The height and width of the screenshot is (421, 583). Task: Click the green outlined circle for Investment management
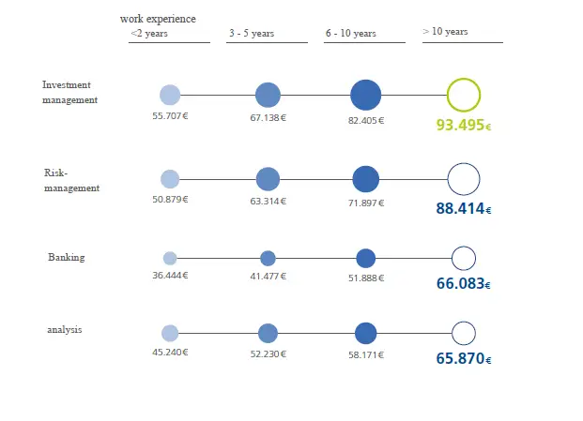pos(463,95)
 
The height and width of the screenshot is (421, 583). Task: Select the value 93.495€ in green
pos(463,125)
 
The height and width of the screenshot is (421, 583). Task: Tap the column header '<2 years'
pos(148,34)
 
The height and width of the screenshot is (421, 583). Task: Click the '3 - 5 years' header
pos(252,34)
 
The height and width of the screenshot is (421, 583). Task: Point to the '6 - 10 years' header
pos(351,34)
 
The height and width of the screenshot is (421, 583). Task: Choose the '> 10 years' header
pos(445,32)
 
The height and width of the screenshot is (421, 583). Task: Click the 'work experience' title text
pos(164,19)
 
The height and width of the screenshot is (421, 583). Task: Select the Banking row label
pos(66,257)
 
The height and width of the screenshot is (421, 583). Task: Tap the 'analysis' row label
pos(65,330)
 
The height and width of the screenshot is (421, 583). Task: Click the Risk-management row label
pos(71,180)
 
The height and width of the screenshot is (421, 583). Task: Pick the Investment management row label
pos(69,92)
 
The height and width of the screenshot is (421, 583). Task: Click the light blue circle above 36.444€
pos(170,258)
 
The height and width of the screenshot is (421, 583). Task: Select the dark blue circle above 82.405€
pos(365,95)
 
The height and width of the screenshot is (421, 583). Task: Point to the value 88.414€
pos(463,208)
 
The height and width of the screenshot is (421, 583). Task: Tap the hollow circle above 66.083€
pos(464,258)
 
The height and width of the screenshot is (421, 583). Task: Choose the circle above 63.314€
pos(268,179)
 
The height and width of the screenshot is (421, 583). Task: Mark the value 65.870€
pos(463,358)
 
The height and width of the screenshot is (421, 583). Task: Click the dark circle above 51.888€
pos(365,258)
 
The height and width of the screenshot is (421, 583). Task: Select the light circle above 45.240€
pos(170,333)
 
